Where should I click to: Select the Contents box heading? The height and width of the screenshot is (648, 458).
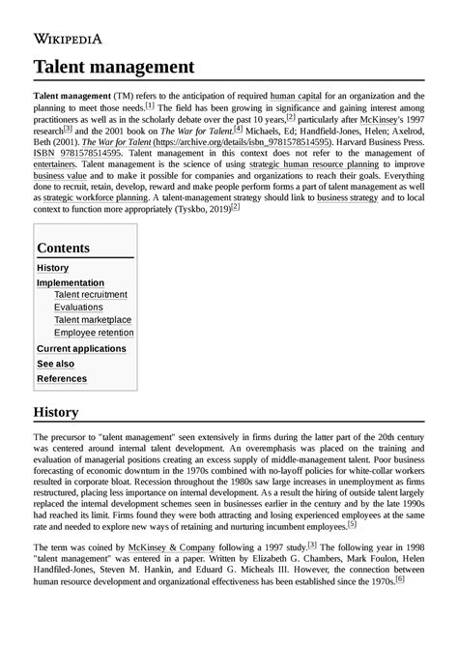(64, 248)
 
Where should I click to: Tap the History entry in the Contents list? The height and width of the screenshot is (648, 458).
(52, 268)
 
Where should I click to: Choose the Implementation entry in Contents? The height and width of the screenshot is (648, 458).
(70, 282)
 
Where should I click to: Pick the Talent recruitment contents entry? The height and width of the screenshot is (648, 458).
(91, 295)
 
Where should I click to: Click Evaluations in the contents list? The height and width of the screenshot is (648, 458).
(78, 308)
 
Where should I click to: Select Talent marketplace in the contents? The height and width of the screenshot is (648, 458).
(93, 320)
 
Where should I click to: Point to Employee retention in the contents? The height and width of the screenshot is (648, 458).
(94, 333)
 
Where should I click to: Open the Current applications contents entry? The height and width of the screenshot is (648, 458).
(81, 348)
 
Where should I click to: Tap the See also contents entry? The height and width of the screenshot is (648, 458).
(55, 364)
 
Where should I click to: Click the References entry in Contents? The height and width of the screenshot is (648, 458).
(62, 379)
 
